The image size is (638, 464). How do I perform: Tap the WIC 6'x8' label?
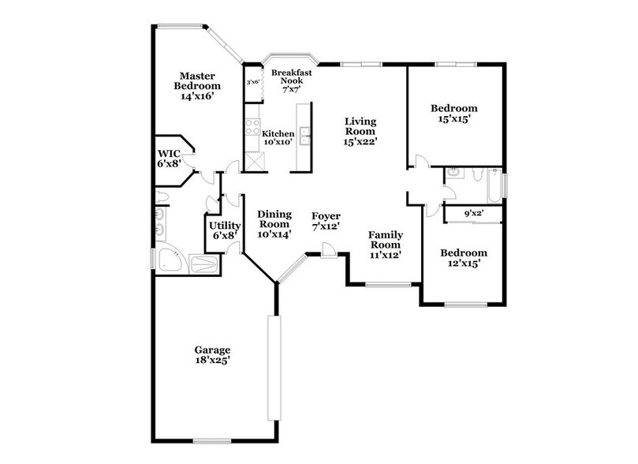pos(170,159)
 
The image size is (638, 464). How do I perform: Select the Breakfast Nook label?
pos(288,81)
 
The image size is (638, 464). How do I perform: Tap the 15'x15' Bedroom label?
pos(454,113)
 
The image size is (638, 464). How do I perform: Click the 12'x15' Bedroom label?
pos(463,258)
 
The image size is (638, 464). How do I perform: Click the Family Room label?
pos(386,245)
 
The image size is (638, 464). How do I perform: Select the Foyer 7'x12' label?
pos(326,221)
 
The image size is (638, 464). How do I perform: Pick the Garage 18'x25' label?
pos(213,354)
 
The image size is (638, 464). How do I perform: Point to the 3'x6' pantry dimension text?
pos(253,82)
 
